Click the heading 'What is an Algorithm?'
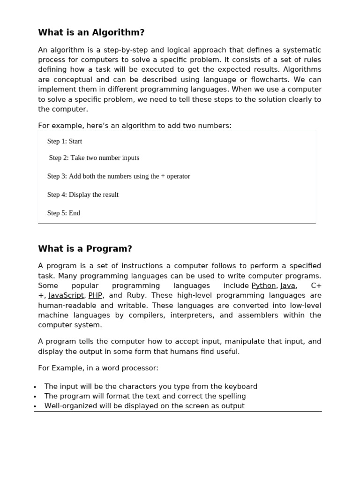click(91, 32)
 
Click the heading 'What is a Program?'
click(85, 249)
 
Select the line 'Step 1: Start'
click(65, 141)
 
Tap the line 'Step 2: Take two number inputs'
click(94, 158)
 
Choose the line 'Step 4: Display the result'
click(83, 195)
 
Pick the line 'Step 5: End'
click(64, 213)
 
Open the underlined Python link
click(263, 285)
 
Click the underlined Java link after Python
click(288, 285)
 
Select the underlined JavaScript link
click(66, 295)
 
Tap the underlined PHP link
click(95, 295)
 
